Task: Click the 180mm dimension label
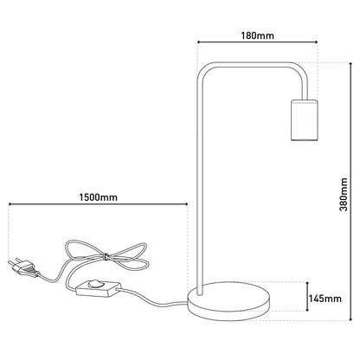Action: (x=258, y=35)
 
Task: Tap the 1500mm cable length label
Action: (x=99, y=197)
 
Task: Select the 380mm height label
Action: (x=344, y=195)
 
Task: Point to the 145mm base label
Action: (x=325, y=299)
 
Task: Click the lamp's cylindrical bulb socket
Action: (x=304, y=120)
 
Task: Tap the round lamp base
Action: (x=229, y=302)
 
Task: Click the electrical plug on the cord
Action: (x=23, y=267)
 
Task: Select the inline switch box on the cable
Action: (x=98, y=288)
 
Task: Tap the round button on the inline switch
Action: (x=95, y=285)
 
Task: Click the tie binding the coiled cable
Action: (x=106, y=256)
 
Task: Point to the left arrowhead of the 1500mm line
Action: (x=10, y=204)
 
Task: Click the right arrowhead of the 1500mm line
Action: (x=186, y=204)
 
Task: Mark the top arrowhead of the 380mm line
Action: (x=350, y=64)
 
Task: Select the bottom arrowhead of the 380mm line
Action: (x=350, y=318)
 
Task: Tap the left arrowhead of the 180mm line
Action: (x=199, y=42)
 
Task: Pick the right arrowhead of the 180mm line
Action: (x=316, y=42)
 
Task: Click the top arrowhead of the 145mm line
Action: (x=307, y=284)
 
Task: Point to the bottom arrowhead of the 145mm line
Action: (x=307, y=309)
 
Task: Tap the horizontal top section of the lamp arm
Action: (x=251, y=65)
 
